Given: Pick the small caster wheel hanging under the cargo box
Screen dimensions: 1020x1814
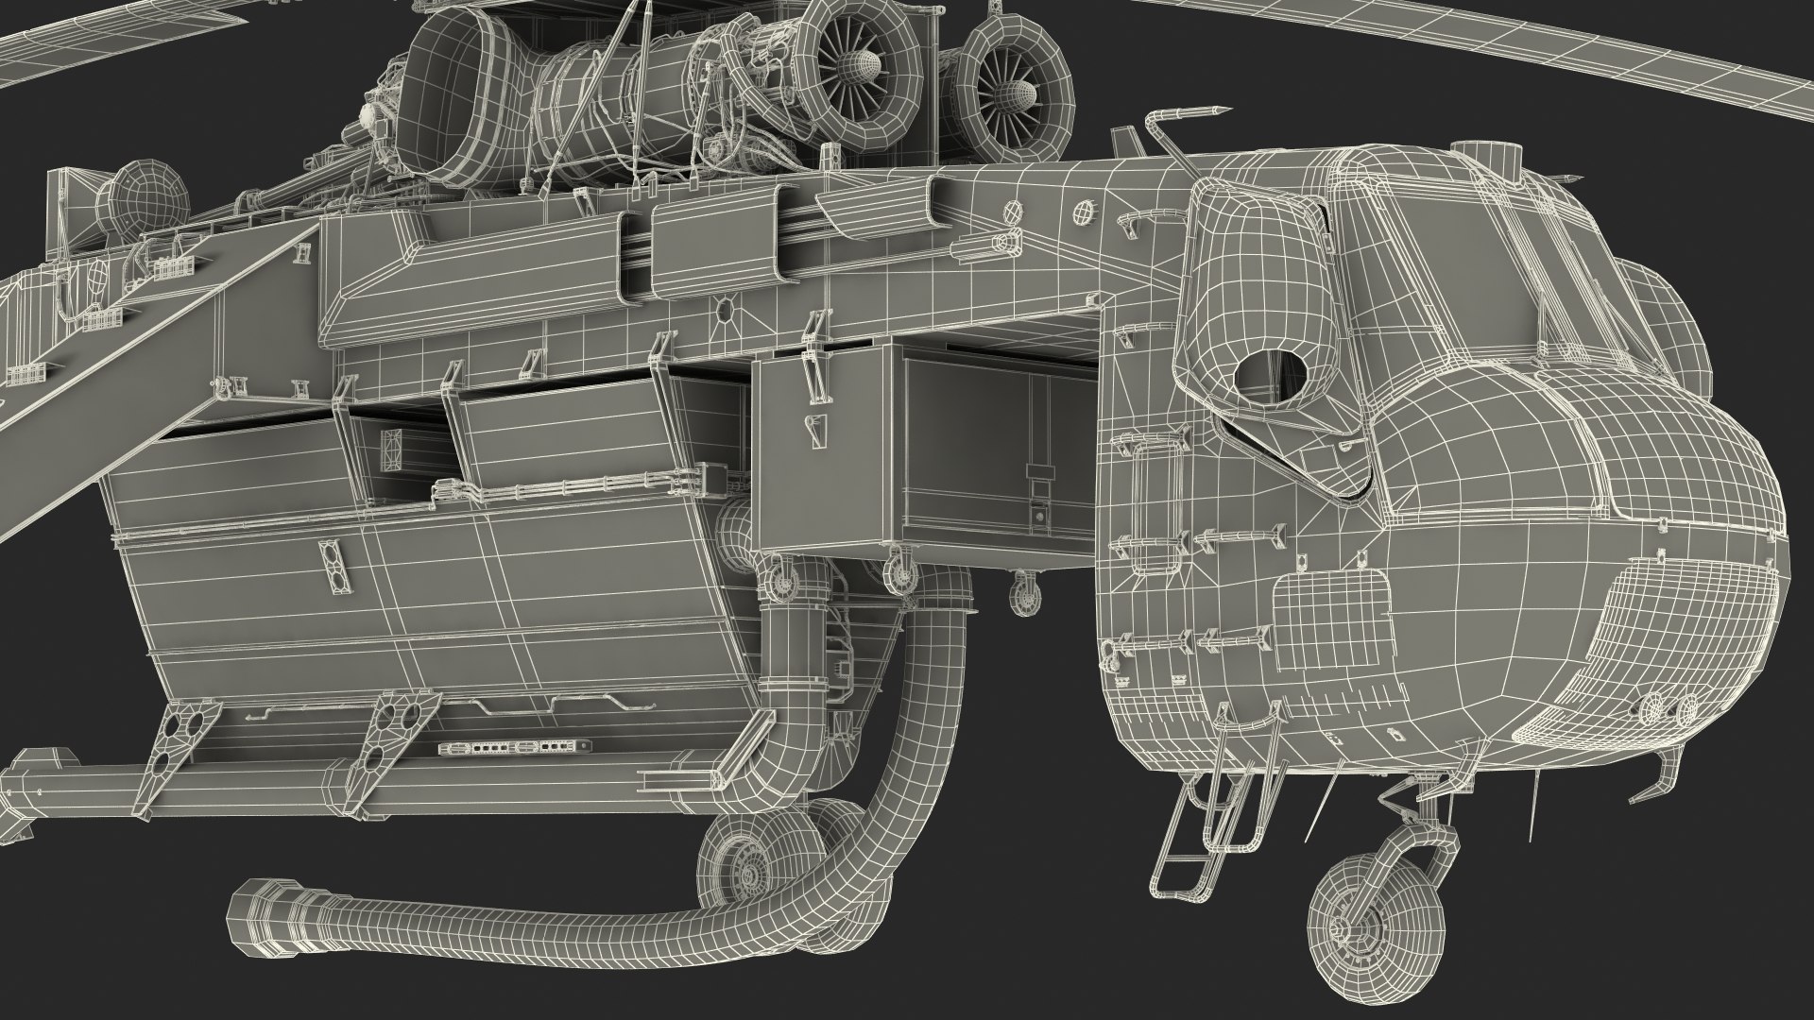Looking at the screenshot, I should [1024, 594].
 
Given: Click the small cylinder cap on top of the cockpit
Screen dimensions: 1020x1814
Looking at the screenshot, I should [1467, 150].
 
